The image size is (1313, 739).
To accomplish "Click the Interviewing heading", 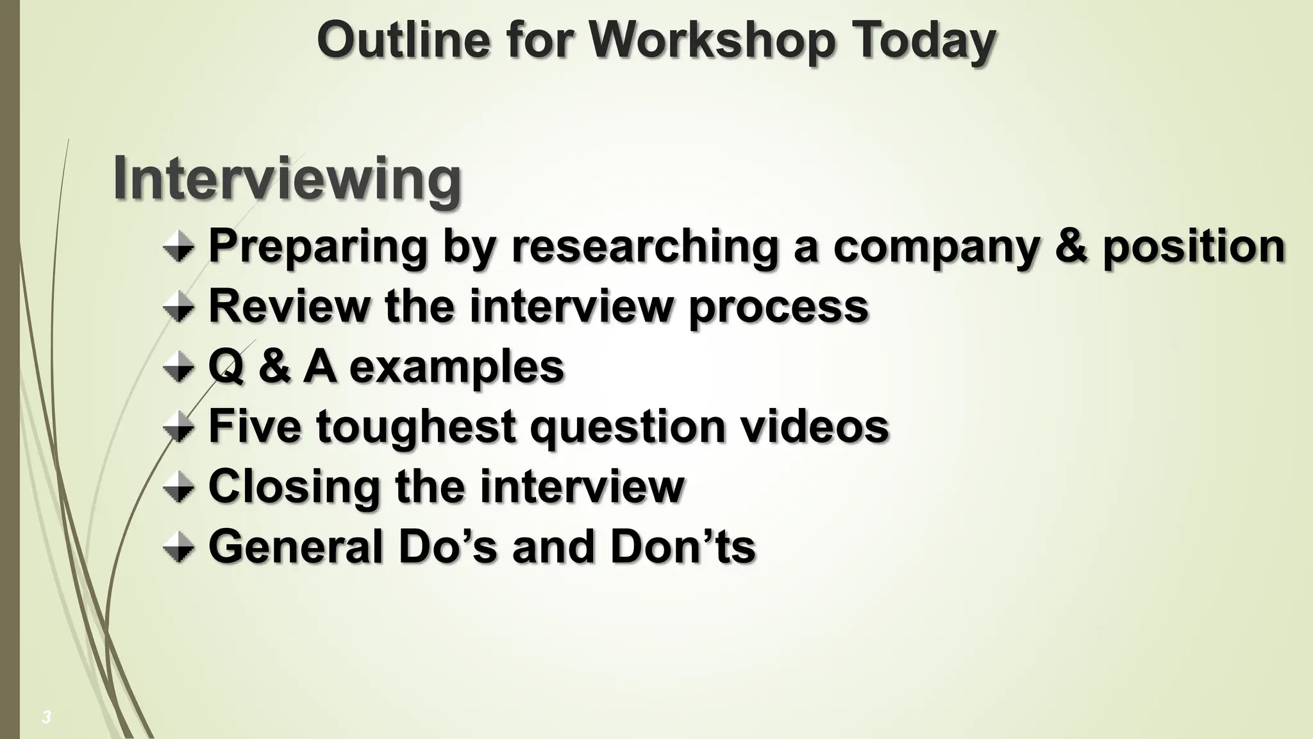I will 287,179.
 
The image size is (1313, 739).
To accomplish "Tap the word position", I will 1194,247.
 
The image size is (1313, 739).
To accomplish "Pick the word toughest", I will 416,428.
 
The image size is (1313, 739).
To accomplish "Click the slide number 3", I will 46,717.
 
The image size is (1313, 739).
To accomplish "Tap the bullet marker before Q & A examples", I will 178,368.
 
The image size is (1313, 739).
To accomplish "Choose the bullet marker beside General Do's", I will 178,548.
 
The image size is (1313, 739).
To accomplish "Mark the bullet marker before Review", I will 178,308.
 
